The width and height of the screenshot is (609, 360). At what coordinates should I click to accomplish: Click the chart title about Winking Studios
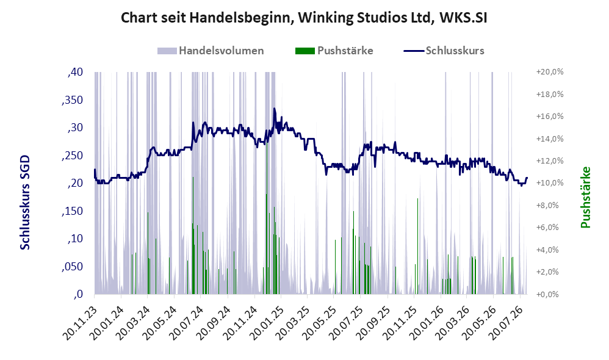pyautogui.click(x=304, y=18)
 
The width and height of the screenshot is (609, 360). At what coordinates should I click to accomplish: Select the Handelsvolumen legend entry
pyautogui.click(x=211, y=51)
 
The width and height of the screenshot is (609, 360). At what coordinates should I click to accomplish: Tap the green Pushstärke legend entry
pyautogui.click(x=334, y=51)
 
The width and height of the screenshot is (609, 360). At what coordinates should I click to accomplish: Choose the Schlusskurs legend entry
pyautogui.click(x=444, y=51)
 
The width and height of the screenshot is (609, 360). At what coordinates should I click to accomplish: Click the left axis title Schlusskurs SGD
pyautogui.click(x=25, y=203)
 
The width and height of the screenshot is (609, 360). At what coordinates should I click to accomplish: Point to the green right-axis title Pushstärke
pyautogui.click(x=585, y=197)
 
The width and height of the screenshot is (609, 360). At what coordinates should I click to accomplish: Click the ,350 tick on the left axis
pyautogui.click(x=72, y=100)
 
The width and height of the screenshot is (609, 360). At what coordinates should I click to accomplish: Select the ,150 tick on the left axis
pyautogui.click(x=72, y=211)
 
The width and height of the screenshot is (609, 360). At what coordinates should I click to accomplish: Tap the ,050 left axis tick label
pyautogui.click(x=72, y=267)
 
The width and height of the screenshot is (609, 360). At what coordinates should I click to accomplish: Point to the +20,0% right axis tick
pyautogui.click(x=550, y=72)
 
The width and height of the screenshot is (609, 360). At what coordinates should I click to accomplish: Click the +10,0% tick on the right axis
pyautogui.click(x=550, y=183)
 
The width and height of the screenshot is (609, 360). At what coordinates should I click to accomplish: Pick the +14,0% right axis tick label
pyautogui.click(x=550, y=139)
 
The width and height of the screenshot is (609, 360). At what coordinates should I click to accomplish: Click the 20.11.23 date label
pyautogui.click(x=79, y=323)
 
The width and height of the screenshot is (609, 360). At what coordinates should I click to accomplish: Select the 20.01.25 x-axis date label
pyautogui.click(x=266, y=323)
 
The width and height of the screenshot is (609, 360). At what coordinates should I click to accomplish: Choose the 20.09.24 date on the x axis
pyautogui.click(x=213, y=323)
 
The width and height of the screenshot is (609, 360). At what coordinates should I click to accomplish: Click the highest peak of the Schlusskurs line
pyautogui.click(x=274, y=109)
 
